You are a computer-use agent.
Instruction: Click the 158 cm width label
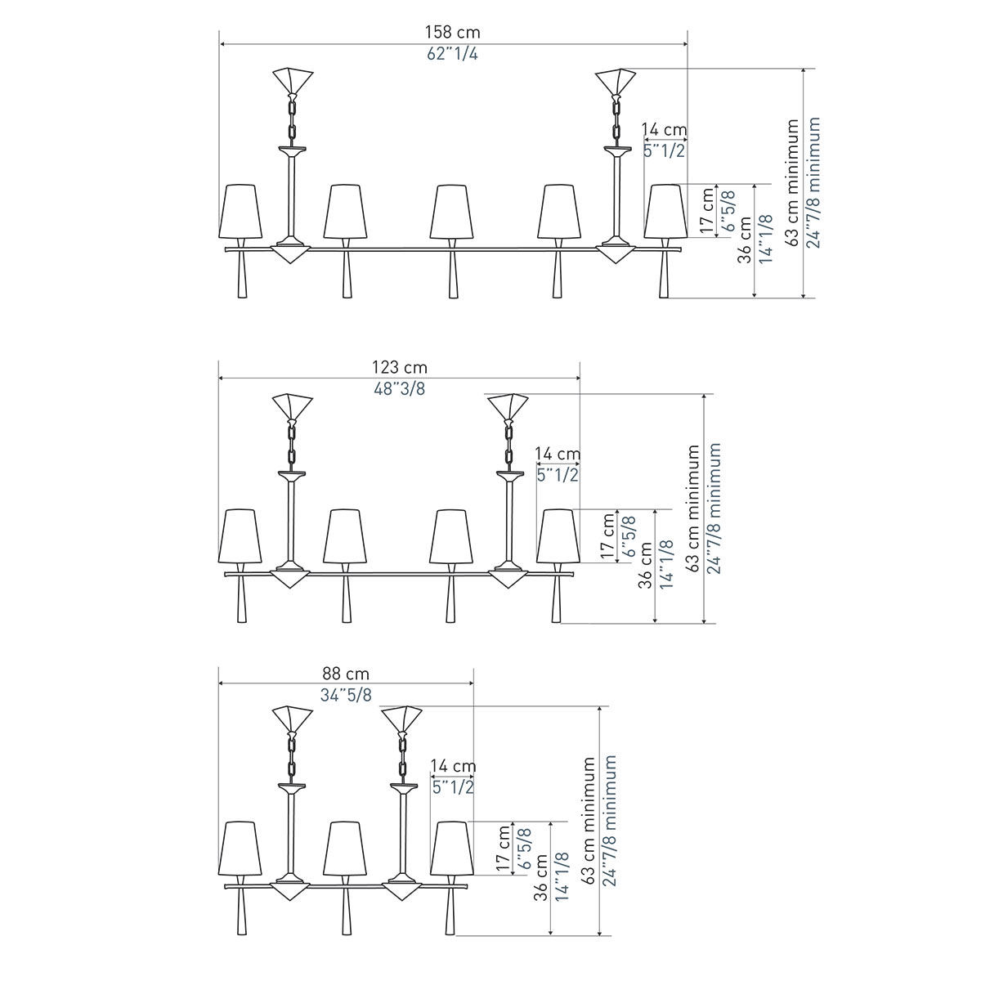click(x=453, y=32)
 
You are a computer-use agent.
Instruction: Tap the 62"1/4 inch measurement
click(x=452, y=53)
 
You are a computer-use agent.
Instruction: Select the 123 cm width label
click(x=400, y=367)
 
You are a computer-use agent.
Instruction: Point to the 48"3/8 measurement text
click(x=400, y=389)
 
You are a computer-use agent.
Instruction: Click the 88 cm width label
click(x=346, y=674)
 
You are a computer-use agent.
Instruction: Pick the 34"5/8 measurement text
click(x=346, y=695)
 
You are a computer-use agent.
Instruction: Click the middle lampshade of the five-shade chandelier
click(x=451, y=211)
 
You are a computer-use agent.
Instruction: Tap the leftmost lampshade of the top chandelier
click(x=240, y=211)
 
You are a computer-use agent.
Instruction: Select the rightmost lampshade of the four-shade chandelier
click(x=558, y=536)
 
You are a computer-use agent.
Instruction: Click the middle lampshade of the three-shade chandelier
click(x=345, y=848)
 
